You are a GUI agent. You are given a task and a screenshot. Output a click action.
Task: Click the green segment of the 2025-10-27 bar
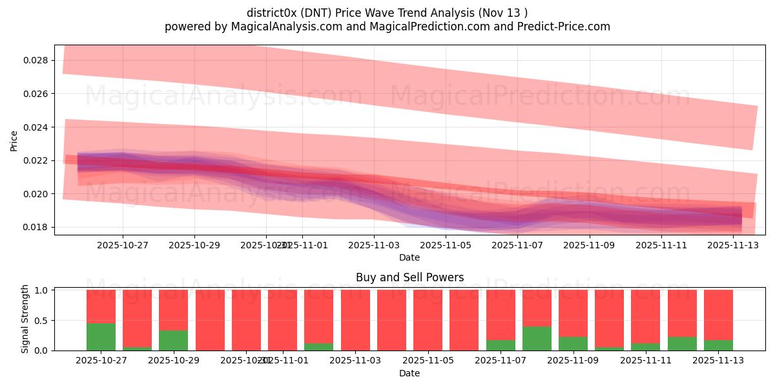tap(101, 336)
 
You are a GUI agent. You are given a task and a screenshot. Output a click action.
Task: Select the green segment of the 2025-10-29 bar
tap(173, 340)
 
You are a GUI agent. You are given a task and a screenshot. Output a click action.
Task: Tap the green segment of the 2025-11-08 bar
tap(537, 338)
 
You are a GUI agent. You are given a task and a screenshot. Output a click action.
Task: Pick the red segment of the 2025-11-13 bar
tap(718, 314)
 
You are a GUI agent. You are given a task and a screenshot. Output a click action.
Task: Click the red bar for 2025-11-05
tap(428, 320)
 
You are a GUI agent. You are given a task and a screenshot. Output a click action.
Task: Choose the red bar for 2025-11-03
tap(355, 320)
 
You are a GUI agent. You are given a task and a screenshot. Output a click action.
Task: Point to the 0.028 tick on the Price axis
tap(36, 60)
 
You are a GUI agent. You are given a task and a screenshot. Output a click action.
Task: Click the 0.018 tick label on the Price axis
tap(36, 227)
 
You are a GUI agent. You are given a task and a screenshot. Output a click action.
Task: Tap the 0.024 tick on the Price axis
tap(36, 127)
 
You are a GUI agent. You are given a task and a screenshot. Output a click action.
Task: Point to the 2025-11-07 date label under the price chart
tap(517, 245)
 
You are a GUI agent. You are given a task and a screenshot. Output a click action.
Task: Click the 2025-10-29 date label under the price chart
tap(194, 245)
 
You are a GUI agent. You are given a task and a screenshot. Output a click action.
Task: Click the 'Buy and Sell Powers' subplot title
tap(409, 277)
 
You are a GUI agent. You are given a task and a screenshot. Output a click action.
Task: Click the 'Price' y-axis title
tap(14, 141)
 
